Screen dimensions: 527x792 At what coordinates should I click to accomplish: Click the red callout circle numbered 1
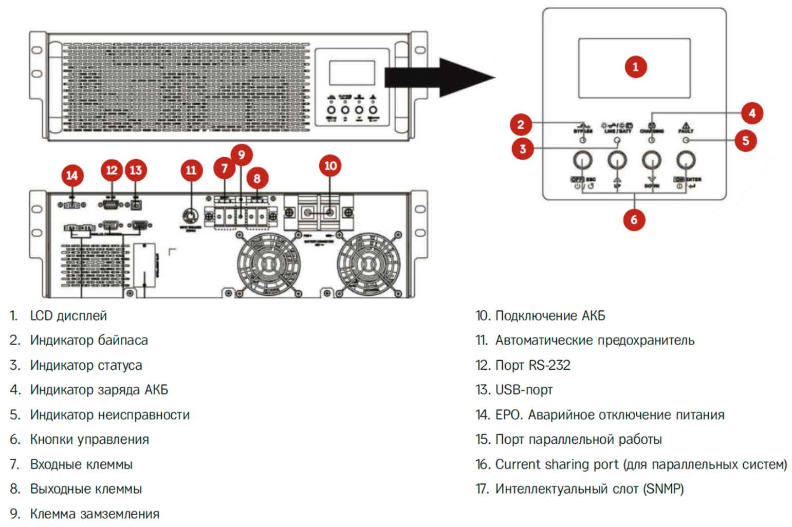[635, 67]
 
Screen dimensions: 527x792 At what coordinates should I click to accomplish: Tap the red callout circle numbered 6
[634, 220]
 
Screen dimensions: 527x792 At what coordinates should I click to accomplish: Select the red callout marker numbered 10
[330, 165]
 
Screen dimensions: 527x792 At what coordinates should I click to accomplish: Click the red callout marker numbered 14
[72, 176]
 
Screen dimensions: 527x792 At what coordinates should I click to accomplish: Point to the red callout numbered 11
[191, 170]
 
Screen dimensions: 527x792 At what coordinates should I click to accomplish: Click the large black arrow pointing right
[439, 78]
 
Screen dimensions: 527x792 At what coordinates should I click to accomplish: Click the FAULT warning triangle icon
[686, 125]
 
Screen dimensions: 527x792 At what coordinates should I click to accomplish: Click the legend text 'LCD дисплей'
[68, 315]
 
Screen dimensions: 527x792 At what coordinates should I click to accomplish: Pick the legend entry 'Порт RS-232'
[532, 365]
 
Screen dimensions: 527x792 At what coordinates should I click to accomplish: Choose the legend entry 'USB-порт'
[524, 390]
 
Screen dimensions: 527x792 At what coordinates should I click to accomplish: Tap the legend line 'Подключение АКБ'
[550, 315]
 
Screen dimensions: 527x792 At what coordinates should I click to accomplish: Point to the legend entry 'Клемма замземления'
[95, 514]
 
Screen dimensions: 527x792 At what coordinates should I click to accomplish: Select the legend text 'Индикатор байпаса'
[89, 340]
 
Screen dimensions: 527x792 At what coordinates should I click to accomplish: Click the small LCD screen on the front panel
[352, 72]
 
